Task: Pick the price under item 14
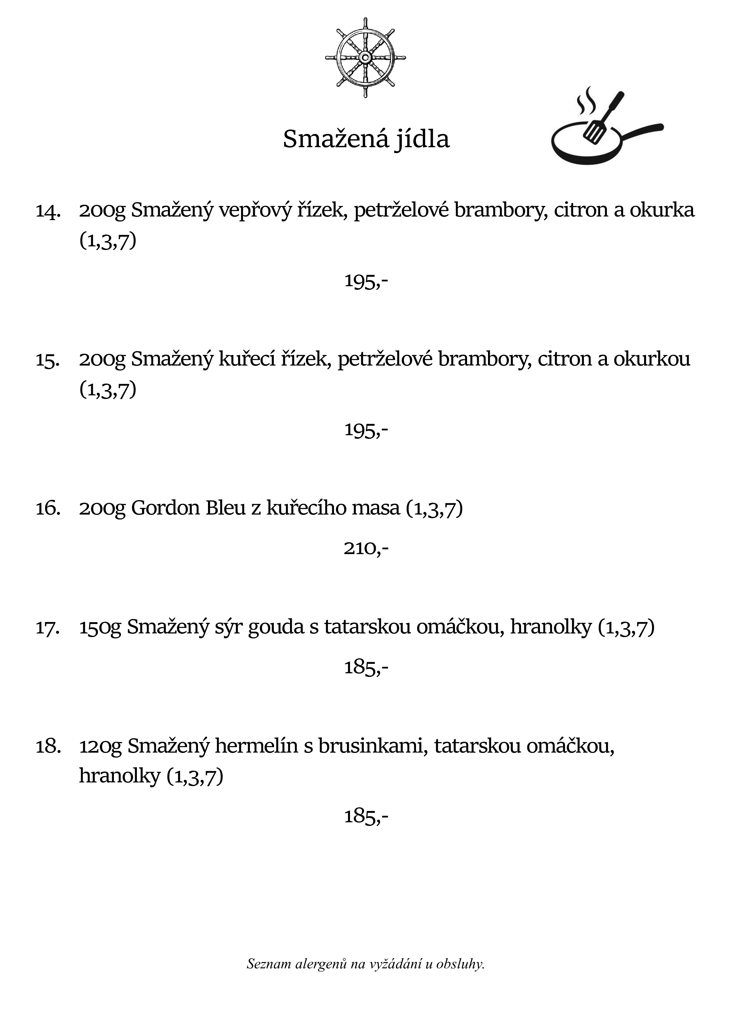click(366, 281)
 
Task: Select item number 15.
click(48, 360)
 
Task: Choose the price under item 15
click(366, 430)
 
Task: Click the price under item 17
click(366, 667)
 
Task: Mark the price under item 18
click(366, 816)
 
